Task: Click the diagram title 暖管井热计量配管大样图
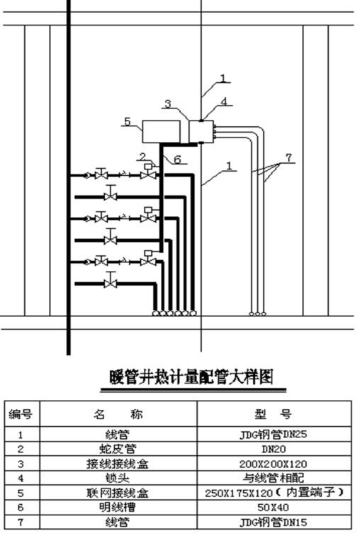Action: [x=192, y=377]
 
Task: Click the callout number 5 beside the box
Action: [x=128, y=121]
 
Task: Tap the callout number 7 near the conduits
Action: [x=289, y=157]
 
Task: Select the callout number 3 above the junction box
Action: [x=168, y=104]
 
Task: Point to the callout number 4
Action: [x=224, y=101]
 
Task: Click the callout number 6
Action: [x=177, y=160]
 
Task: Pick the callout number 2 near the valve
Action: [x=142, y=157]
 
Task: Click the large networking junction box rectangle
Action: [x=162, y=131]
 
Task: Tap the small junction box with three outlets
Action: [x=201, y=131]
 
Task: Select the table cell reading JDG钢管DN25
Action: [x=273, y=434]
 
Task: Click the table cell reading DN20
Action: [x=274, y=449]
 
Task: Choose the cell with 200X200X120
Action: [x=273, y=464]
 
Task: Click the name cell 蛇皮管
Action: [x=118, y=449]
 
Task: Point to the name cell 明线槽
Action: [x=118, y=507]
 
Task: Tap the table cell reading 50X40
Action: [x=273, y=507]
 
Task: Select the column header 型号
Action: [x=273, y=413]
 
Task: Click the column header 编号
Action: [x=21, y=413]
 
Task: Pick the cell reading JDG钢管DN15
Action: [x=273, y=522]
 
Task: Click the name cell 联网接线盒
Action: [x=118, y=493]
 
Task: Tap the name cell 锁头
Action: [x=118, y=478]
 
